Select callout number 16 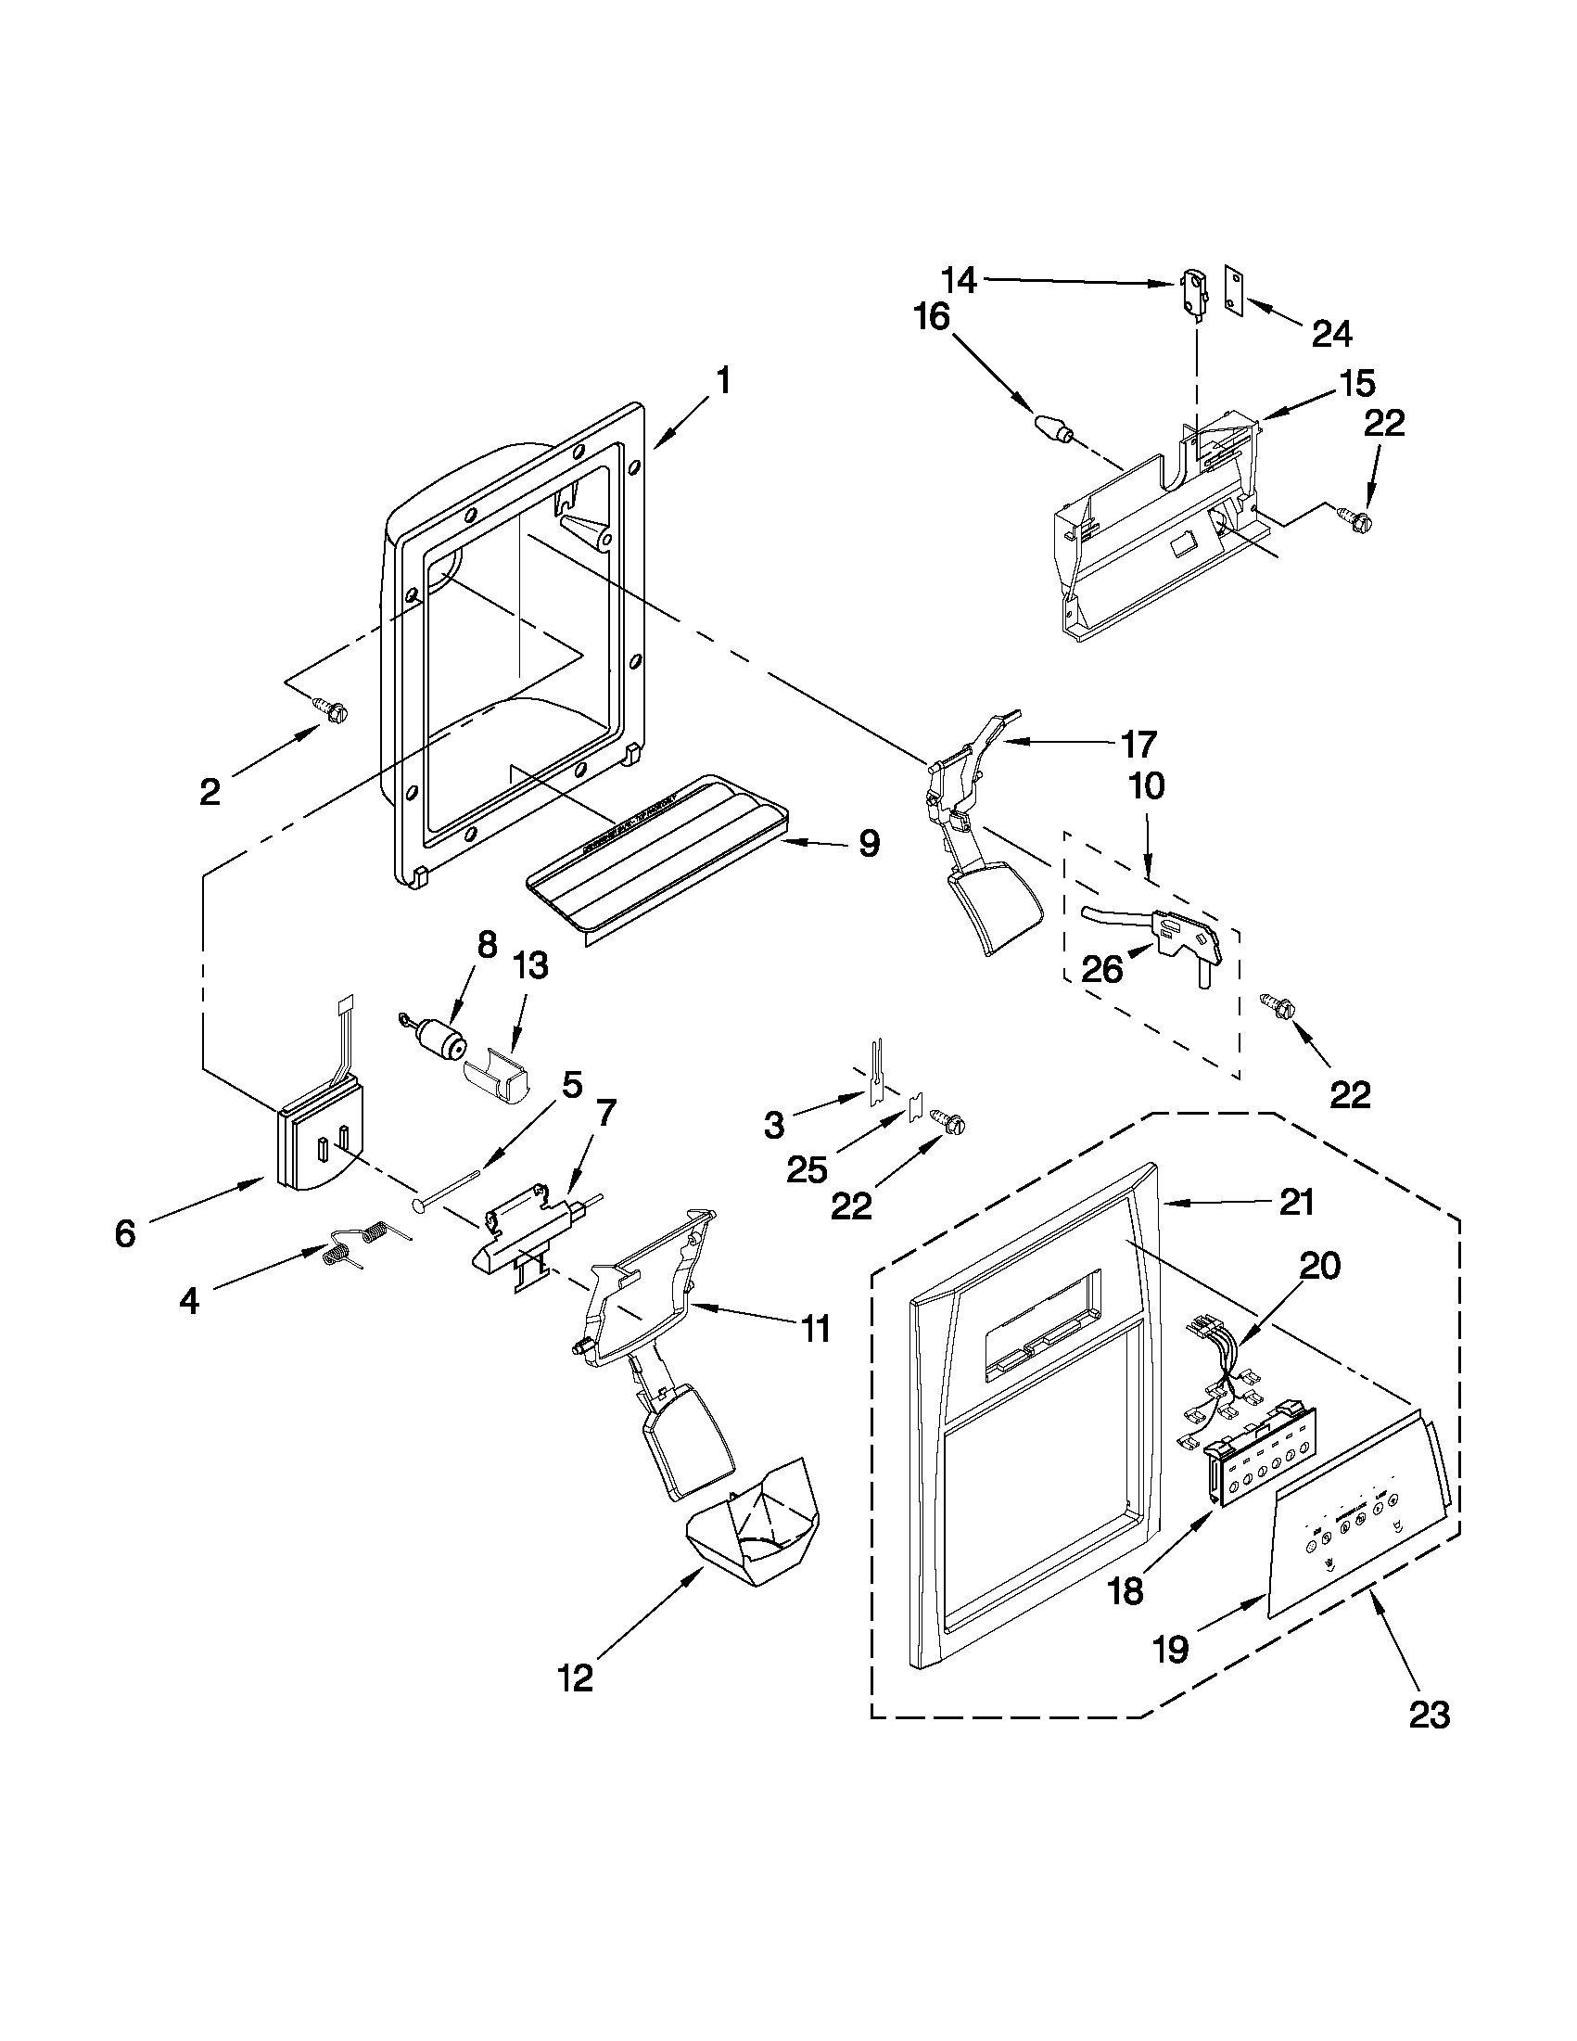932,318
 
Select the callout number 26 1102,970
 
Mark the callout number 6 125,1233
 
